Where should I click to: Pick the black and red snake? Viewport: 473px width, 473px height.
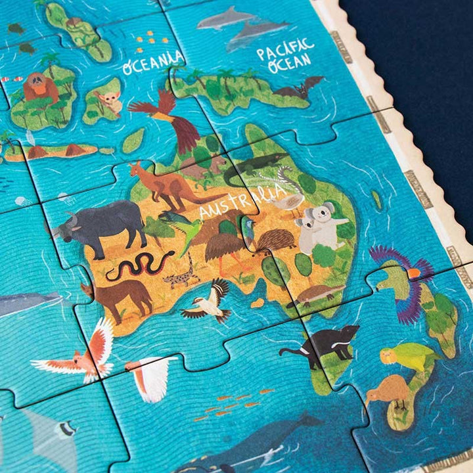(x=139, y=264)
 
